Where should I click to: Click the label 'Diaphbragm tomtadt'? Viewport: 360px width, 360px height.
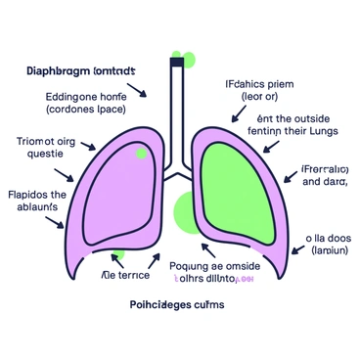(79, 72)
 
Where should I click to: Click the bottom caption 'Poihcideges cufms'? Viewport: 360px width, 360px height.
(178, 304)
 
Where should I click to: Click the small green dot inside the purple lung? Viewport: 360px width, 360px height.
(142, 154)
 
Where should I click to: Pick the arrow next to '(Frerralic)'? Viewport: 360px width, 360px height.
(289, 177)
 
